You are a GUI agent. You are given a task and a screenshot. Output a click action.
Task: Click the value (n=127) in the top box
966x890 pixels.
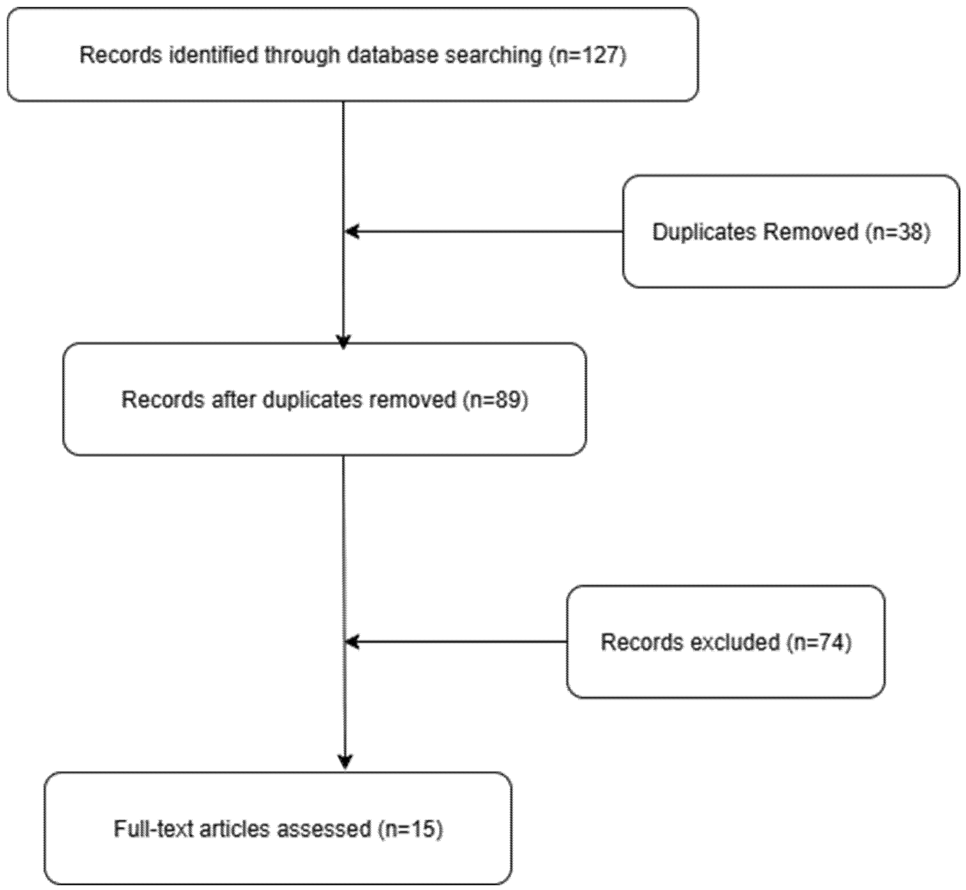coord(587,55)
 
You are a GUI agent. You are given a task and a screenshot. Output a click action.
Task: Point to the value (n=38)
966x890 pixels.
coord(897,232)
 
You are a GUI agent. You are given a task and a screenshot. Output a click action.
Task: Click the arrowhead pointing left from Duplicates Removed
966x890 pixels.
coord(352,232)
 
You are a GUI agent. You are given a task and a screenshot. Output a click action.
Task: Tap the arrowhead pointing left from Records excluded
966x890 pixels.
coord(352,642)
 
